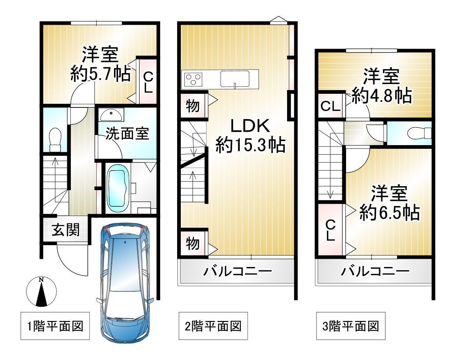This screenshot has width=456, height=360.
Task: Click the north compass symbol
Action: point(41,292)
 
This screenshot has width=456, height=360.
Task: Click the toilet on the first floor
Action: point(55,139)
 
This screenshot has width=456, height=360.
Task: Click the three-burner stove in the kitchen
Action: point(193,79)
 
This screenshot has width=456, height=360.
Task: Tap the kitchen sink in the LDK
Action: point(235,79)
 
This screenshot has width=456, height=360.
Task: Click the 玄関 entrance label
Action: point(66,230)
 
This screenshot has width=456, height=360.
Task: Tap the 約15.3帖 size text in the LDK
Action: point(251,145)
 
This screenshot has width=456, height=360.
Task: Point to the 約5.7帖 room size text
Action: point(100,74)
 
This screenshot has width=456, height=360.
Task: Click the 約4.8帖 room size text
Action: point(382,96)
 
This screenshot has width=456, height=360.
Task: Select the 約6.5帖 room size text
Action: point(390,212)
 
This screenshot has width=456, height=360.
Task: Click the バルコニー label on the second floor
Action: point(238,271)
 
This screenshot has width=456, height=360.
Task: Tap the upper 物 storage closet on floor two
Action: point(193,106)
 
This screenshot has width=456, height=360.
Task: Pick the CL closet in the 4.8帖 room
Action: point(331,106)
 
